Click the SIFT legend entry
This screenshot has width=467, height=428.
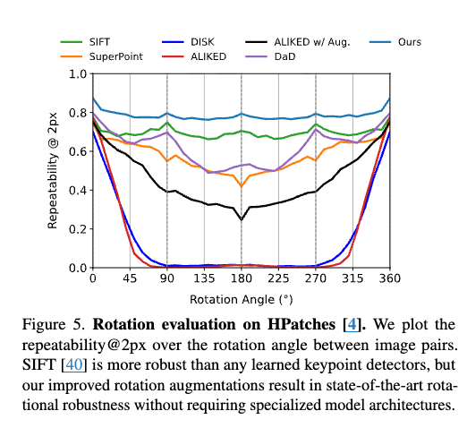pyautogui.click(x=85, y=42)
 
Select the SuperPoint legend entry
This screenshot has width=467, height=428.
pyautogui.click(x=102, y=56)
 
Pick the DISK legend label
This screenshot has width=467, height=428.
pyautogui.click(x=202, y=42)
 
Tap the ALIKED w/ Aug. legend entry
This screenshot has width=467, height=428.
pyautogui.click(x=298, y=42)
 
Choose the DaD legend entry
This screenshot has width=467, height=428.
pyautogui.click(x=270, y=56)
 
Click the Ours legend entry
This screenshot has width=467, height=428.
pyautogui.click(x=395, y=42)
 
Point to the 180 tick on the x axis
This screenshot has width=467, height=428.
pyautogui.click(x=242, y=278)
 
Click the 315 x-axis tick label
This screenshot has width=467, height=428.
pyautogui.click(x=353, y=278)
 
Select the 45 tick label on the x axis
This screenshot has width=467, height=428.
pyautogui.click(x=130, y=278)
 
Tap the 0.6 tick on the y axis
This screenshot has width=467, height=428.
pyautogui.click(x=78, y=151)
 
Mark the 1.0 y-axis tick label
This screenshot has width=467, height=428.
pyautogui.click(x=78, y=73)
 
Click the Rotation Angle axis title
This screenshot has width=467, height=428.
pyautogui.click(x=242, y=299)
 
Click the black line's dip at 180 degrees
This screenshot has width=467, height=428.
pyautogui.click(x=242, y=219)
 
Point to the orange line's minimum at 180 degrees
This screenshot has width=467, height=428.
pyautogui.click(x=242, y=186)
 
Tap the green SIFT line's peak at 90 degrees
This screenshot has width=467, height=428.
pyautogui.click(x=167, y=123)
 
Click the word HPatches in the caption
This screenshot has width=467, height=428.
pyautogui.click(x=301, y=324)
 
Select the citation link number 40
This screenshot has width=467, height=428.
pyautogui.click(x=73, y=364)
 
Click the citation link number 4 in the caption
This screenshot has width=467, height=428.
pyautogui.click(x=352, y=324)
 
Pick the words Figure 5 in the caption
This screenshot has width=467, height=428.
pyautogui.click(x=54, y=324)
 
